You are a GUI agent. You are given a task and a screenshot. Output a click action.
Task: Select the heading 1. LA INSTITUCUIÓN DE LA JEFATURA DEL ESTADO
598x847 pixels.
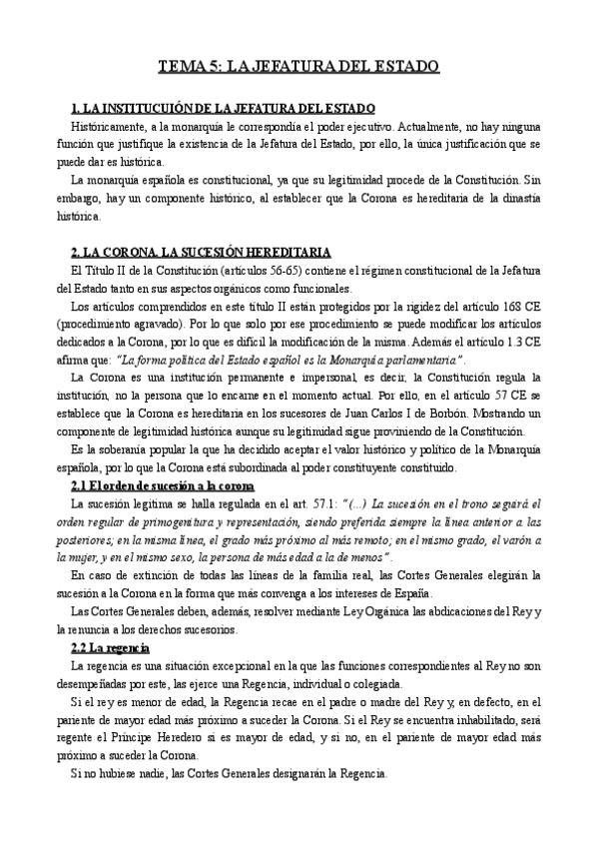[x=224, y=108]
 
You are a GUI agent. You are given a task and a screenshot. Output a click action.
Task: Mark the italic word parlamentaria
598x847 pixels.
[x=415, y=359]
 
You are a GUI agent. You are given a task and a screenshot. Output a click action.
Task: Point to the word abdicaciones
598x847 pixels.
[x=462, y=611]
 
